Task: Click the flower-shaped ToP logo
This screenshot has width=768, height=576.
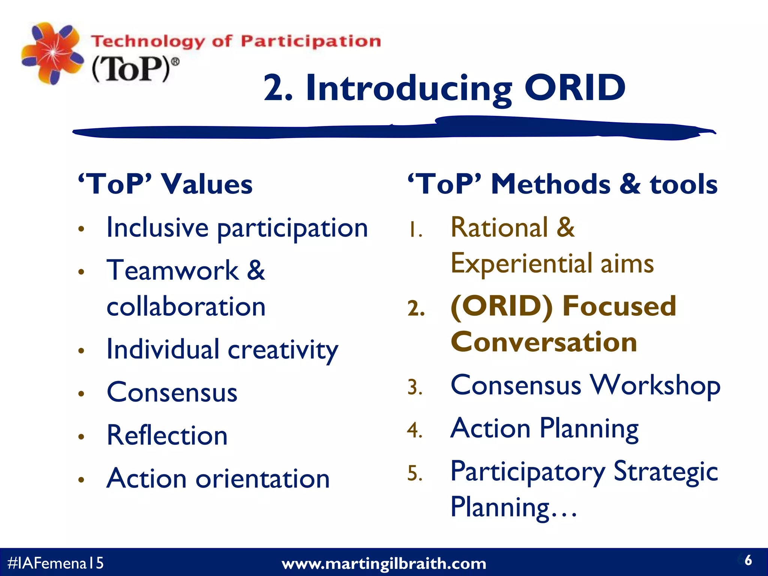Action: click(52, 53)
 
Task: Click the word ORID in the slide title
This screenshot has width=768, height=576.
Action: click(574, 88)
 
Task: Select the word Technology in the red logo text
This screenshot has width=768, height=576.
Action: click(148, 41)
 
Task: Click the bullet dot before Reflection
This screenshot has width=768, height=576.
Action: click(81, 436)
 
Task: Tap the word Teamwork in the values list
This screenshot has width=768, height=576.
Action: click(172, 270)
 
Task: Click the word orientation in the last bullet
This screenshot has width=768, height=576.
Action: click(262, 479)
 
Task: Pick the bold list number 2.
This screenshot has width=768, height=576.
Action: click(416, 309)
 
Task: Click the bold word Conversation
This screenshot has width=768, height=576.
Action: click(544, 342)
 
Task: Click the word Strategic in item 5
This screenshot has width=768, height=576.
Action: click(665, 471)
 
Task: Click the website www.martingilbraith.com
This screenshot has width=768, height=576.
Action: click(384, 564)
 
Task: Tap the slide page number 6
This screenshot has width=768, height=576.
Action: click(748, 560)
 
